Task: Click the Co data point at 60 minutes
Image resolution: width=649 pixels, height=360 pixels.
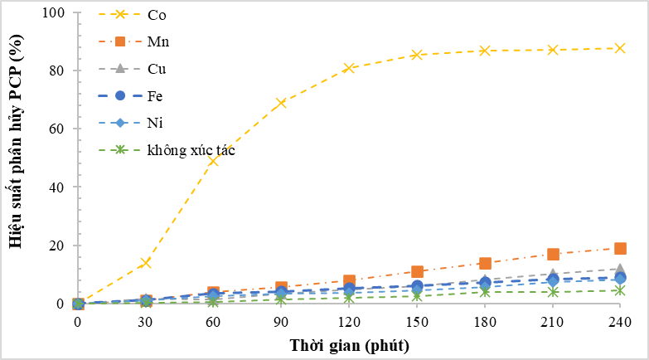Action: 213,161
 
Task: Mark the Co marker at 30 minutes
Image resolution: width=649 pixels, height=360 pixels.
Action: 146,263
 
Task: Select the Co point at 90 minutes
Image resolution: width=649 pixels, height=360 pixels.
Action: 281,103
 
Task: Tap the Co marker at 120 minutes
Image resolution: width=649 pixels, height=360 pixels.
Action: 349,68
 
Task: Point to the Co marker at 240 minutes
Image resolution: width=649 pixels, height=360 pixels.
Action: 620,48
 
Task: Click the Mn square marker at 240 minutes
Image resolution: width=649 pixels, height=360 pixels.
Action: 620,248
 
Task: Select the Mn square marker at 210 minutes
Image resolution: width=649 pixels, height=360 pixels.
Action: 553,254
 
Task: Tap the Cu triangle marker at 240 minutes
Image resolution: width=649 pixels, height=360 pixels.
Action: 620,269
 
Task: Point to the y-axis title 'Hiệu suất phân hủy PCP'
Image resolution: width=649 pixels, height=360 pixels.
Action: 15,158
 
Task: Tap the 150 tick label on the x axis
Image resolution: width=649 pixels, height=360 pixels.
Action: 417,321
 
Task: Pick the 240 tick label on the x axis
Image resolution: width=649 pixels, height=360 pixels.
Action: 620,321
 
